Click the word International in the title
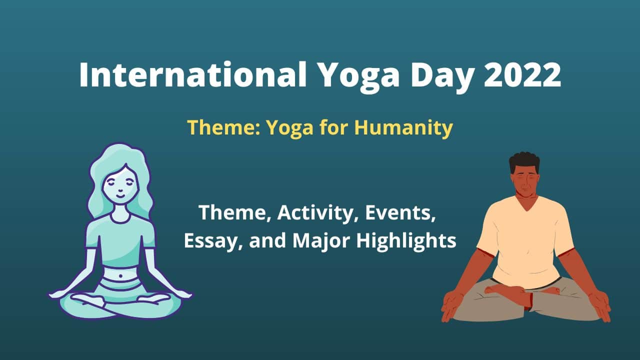point(193,74)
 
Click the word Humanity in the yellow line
point(403,128)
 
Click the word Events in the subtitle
point(400,213)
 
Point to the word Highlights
point(406,241)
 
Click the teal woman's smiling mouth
point(121,196)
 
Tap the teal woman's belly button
point(120,276)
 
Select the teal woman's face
point(120,185)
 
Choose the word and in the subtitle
point(267,240)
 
